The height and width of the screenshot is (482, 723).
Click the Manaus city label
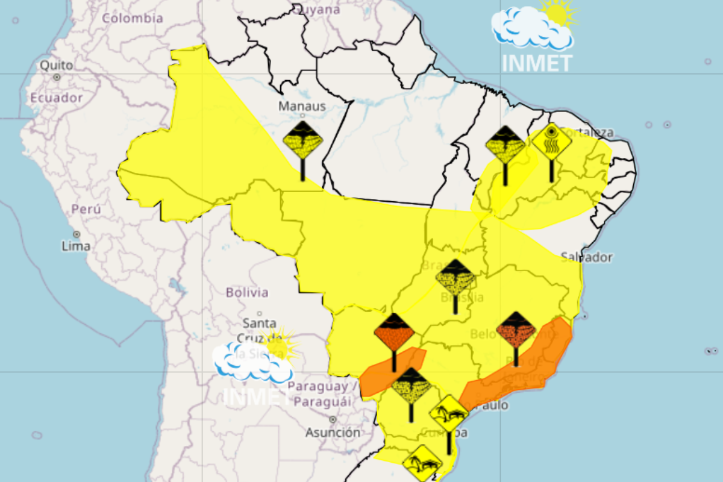point(302,107)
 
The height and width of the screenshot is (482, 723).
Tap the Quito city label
point(57,65)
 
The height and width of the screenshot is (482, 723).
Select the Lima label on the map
point(76,246)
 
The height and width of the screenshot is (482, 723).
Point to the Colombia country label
point(133,18)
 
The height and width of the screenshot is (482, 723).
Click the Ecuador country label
point(56,98)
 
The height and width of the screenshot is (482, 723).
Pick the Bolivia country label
point(247,293)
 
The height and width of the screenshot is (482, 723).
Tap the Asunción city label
point(333,433)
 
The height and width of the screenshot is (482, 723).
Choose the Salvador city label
point(586,257)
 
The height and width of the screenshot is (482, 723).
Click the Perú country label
point(86,210)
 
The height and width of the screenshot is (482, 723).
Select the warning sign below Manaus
point(303,141)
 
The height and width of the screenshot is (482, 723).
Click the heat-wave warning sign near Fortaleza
point(551,142)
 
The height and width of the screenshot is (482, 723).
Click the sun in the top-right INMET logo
point(557,13)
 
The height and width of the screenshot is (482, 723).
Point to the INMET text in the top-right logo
point(537,63)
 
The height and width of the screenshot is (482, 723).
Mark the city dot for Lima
point(77,234)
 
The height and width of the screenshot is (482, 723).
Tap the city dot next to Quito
point(57,77)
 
